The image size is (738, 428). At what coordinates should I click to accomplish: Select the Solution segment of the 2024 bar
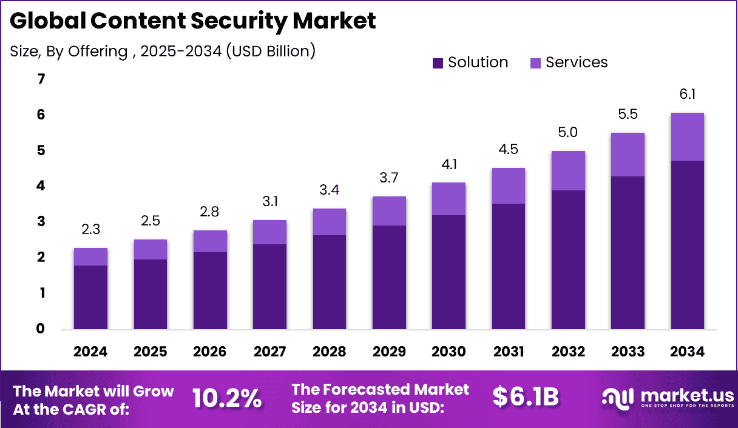[90, 297]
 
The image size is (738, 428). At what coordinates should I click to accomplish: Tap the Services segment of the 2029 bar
[389, 211]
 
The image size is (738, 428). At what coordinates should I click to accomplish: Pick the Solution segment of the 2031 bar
[509, 267]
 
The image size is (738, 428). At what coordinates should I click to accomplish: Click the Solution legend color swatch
[438, 63]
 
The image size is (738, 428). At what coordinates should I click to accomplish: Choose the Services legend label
[577, 62]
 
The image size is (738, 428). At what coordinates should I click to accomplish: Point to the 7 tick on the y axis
[41, 79]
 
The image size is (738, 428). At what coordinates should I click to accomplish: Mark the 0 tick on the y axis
[41, 329]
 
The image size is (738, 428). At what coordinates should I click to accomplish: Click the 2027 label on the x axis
[269, 352]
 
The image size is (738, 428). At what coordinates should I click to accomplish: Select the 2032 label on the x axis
[568, 352]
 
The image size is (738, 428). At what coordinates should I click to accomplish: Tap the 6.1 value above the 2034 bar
[687, 94]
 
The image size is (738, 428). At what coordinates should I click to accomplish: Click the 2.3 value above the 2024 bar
[90, 230]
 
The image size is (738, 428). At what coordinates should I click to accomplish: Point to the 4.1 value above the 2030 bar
[449, 164]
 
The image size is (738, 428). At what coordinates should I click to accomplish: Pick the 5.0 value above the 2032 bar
[568, 132]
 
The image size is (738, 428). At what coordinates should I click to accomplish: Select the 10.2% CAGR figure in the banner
[227, 398]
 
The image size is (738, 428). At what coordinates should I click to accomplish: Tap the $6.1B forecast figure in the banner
[525, 396]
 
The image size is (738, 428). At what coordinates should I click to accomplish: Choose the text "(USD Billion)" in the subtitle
[271, 51]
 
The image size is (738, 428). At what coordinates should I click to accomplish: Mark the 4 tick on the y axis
[41, 186]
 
